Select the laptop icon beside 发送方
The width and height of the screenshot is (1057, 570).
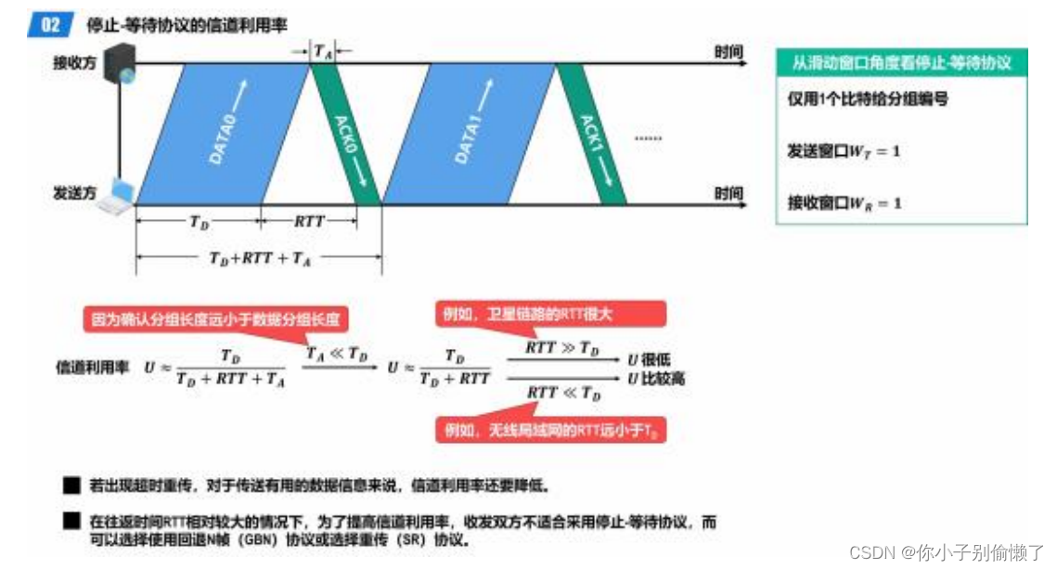click(x=118, y=196)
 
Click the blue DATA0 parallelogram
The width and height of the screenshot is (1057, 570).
click(x=223, y=134)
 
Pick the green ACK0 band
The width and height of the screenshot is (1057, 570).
click(x=345, y=134)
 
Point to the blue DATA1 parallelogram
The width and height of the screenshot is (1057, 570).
click(x=470, y=134)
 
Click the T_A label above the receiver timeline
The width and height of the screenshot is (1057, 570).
click(x=322, y=52)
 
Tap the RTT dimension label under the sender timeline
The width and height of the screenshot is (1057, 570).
click(x=309, y=221)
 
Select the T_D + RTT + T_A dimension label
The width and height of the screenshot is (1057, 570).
click(x=261, y=259)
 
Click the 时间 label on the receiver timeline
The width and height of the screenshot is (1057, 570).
click(x=728, y=52)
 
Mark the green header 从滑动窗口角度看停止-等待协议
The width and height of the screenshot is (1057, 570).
click(x=901, y=63)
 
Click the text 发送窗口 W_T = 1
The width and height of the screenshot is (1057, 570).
click(x=844, y=150)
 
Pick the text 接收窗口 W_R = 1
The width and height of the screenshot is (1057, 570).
click(x=844, y=202)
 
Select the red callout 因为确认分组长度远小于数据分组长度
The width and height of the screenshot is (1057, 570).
click(x=215, y=320)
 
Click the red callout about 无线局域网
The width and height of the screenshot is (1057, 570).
click(x=552, y=431)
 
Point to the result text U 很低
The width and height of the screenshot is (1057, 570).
click(x=650, y=358)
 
